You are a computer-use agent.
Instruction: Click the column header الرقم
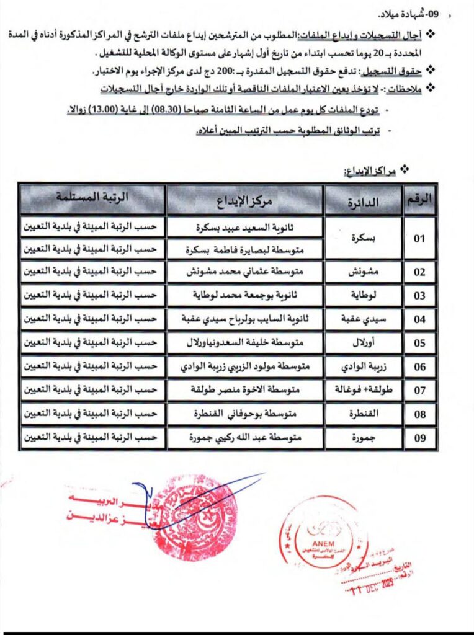420,199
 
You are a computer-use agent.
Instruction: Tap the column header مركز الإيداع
244,200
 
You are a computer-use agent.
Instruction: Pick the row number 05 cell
420,342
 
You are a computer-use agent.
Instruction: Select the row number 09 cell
420,438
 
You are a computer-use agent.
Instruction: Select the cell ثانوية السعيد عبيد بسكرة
244,228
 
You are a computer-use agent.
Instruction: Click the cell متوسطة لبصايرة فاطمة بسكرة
244,251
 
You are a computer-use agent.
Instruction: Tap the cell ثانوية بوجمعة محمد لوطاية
244,295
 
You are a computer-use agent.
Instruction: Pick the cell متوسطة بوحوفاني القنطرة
244,414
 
